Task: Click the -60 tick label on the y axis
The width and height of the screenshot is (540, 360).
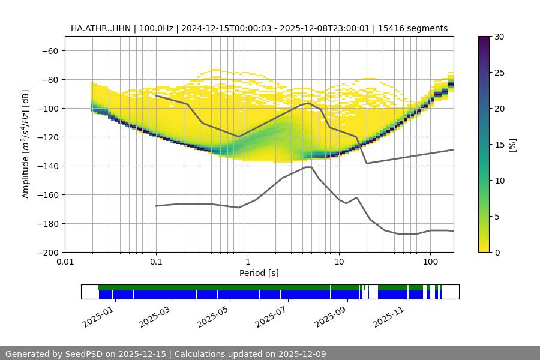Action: (x=50, y=50)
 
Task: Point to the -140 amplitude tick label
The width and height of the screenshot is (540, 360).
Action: (x=47, y=166)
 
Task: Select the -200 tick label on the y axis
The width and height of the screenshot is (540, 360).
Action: (x=47, y=252)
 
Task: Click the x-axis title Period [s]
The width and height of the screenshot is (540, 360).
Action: (x=259, y=274)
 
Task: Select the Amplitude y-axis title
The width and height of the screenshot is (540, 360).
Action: (x=26, y=144)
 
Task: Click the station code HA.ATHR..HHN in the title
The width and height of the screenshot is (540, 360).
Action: (x=100, y=28)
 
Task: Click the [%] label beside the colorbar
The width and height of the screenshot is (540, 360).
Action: (x=512, y=145)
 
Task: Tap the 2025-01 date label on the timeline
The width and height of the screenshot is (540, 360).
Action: (x=98, y=316)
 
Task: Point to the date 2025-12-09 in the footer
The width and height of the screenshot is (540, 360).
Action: (x=299, y=354)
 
